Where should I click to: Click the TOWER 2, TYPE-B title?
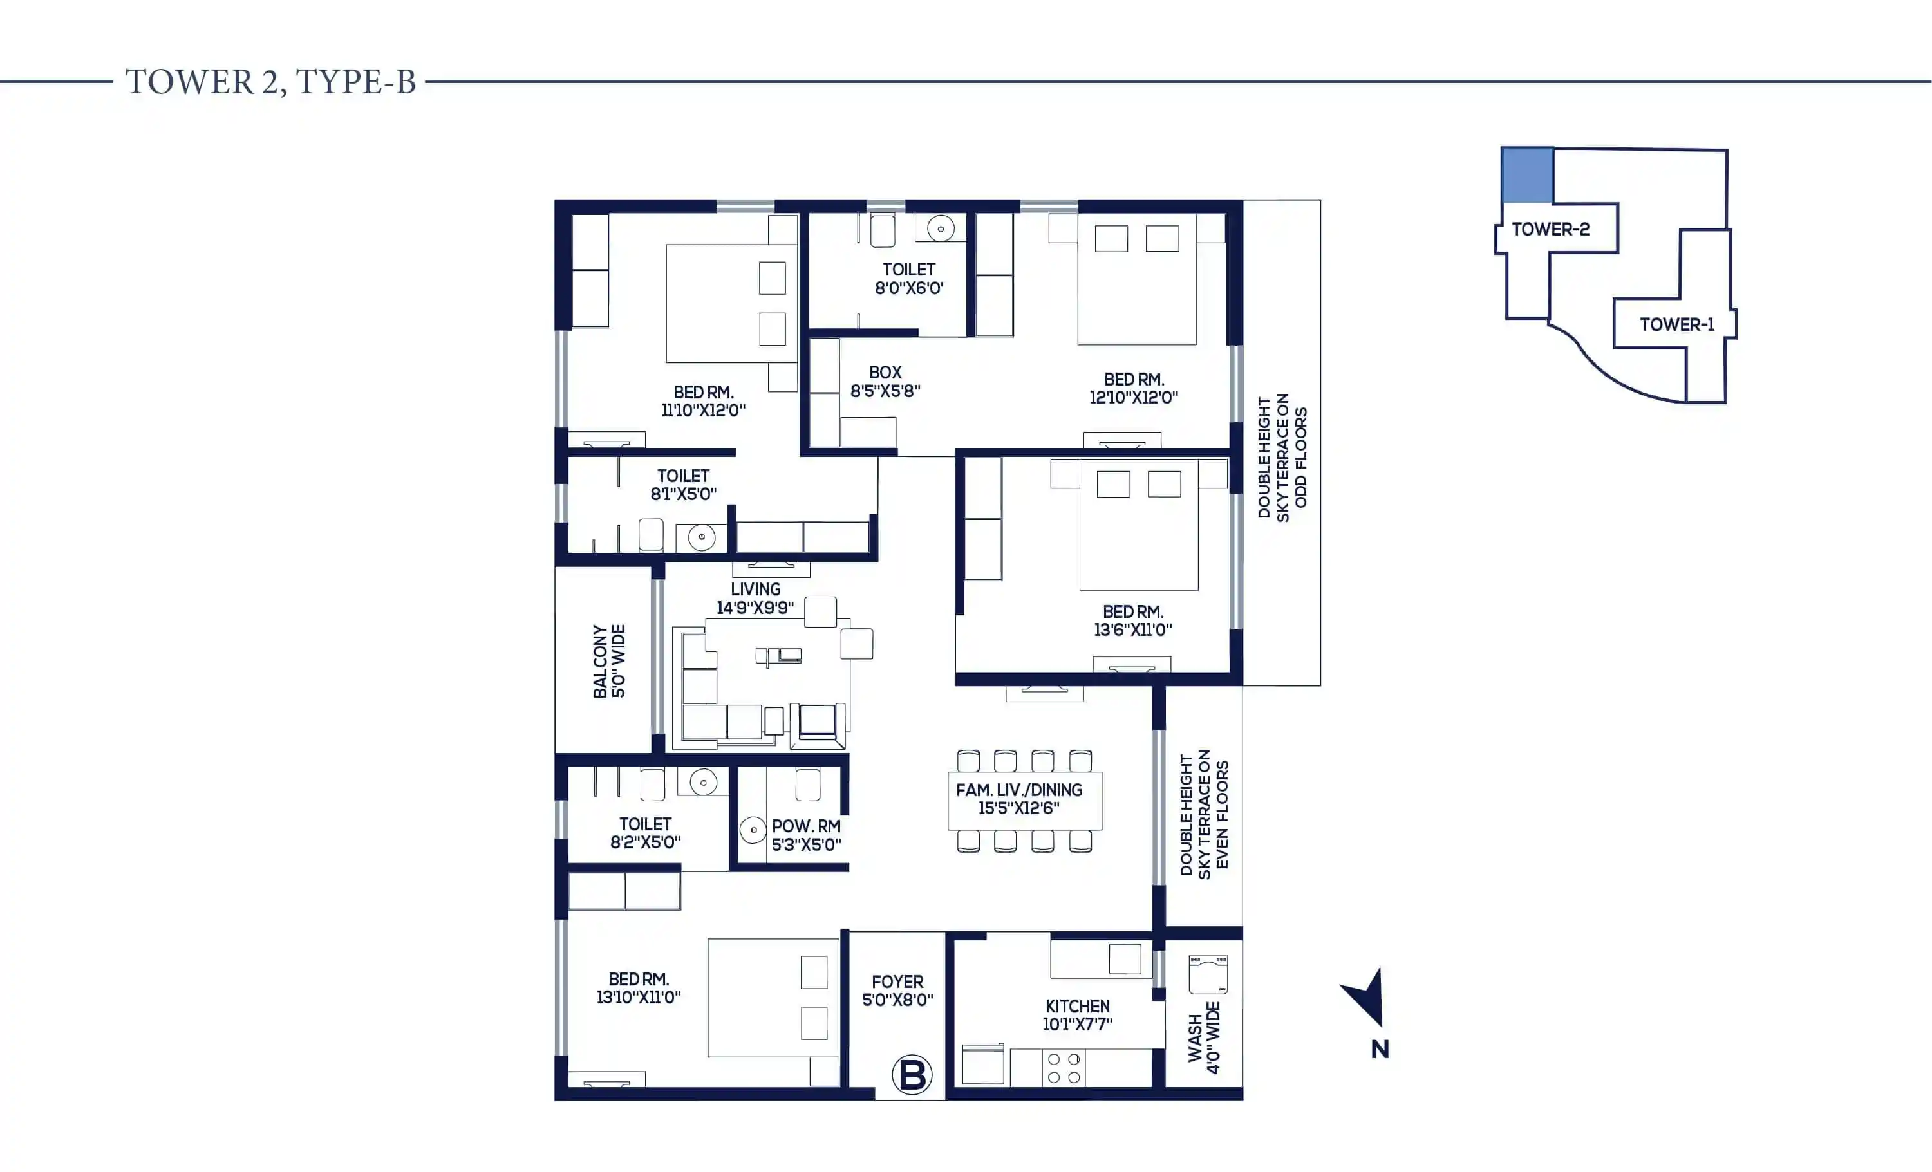click(270, 82)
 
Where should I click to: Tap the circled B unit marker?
click(912, 1075)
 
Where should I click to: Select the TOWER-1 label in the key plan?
click(1677, 324)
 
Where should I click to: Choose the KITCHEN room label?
click(1077, 1006)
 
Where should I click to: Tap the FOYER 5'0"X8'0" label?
click(898, 990)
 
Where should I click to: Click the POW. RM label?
click(806, 826)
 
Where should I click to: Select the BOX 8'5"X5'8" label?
click(885, 381)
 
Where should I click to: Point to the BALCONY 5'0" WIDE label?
click(609, 661)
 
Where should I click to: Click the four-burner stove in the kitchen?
click(1064, 1068)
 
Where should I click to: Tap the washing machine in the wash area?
click(1208, 974)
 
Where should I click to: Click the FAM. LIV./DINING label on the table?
click(1019, 790)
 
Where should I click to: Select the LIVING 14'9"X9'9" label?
click(755, 598)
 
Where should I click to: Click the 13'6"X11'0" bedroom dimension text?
click(1133, 629)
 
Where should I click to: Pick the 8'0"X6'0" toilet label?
click(909, 288)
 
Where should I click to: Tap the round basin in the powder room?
click(753, 830)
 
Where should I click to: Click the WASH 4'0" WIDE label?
click(1204, 1037)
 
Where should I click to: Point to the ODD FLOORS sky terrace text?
click(1301, 457)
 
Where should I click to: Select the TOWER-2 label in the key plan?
click(1551, 229)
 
